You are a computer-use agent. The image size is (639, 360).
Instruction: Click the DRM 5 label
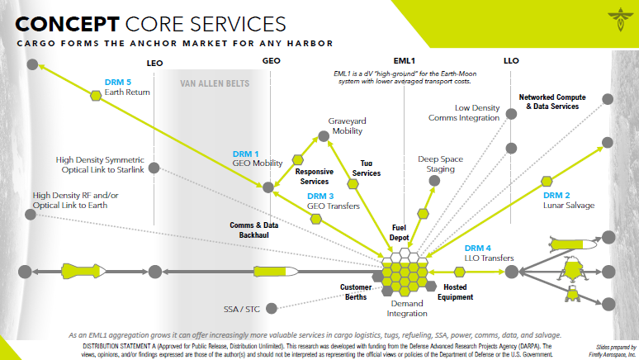pos(118,83)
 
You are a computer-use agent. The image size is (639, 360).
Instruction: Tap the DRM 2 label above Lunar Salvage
pos(558,182)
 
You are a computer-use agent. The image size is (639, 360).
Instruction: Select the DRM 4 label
pos(477,248)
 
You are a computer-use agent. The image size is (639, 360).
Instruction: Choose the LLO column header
pos(512,62)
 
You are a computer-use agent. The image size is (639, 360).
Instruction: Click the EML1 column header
pos(404,62)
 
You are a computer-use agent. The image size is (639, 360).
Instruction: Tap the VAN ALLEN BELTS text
pos(215,83)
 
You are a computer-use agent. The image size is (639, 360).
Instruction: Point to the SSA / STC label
pos(242,310)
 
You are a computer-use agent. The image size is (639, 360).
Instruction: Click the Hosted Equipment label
pos(455,292)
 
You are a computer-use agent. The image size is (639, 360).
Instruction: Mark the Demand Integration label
pos(407,308)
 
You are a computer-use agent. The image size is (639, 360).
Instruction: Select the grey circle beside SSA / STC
pos(274,310)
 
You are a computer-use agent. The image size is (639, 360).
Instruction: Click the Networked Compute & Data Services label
pos(548,102)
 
